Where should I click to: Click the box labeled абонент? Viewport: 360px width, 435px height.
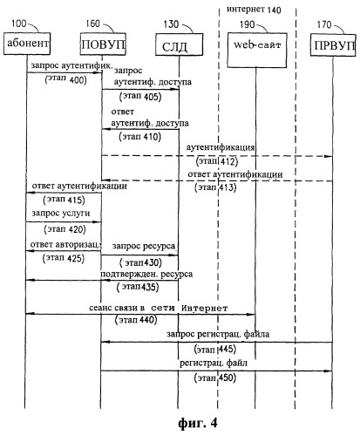click(27, 44)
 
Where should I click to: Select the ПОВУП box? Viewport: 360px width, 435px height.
click(103, 44)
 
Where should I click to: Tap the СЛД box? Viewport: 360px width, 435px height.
click(179, 44)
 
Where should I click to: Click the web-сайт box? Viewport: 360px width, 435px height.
click(257, 50)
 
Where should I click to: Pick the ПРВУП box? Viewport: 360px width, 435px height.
click(333, 45)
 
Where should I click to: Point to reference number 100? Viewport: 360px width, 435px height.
click(19, 24)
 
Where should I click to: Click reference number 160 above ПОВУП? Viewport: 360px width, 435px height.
click(92, 24)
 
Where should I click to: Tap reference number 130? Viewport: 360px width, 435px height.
click(171, 24)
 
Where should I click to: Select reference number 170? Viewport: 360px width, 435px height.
click(324, 24)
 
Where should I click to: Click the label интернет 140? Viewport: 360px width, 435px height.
click(254, 10)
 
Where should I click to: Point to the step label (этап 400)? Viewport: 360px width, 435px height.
click(66, 79)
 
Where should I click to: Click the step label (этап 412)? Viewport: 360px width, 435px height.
click(217, 161)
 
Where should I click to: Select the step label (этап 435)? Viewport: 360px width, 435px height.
click(138, 287)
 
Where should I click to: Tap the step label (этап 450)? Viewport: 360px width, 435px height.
click(215, 377)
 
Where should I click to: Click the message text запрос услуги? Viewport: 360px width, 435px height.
click(61, 213)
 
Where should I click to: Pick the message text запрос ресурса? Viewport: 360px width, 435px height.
click(144, 246)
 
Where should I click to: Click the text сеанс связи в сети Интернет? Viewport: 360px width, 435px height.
click(159, 308)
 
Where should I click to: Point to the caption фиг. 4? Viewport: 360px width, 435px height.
click(198, 423)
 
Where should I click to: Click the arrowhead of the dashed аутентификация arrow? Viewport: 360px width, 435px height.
click(329, 156)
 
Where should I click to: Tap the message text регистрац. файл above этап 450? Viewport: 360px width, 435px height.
click(214, 363)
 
